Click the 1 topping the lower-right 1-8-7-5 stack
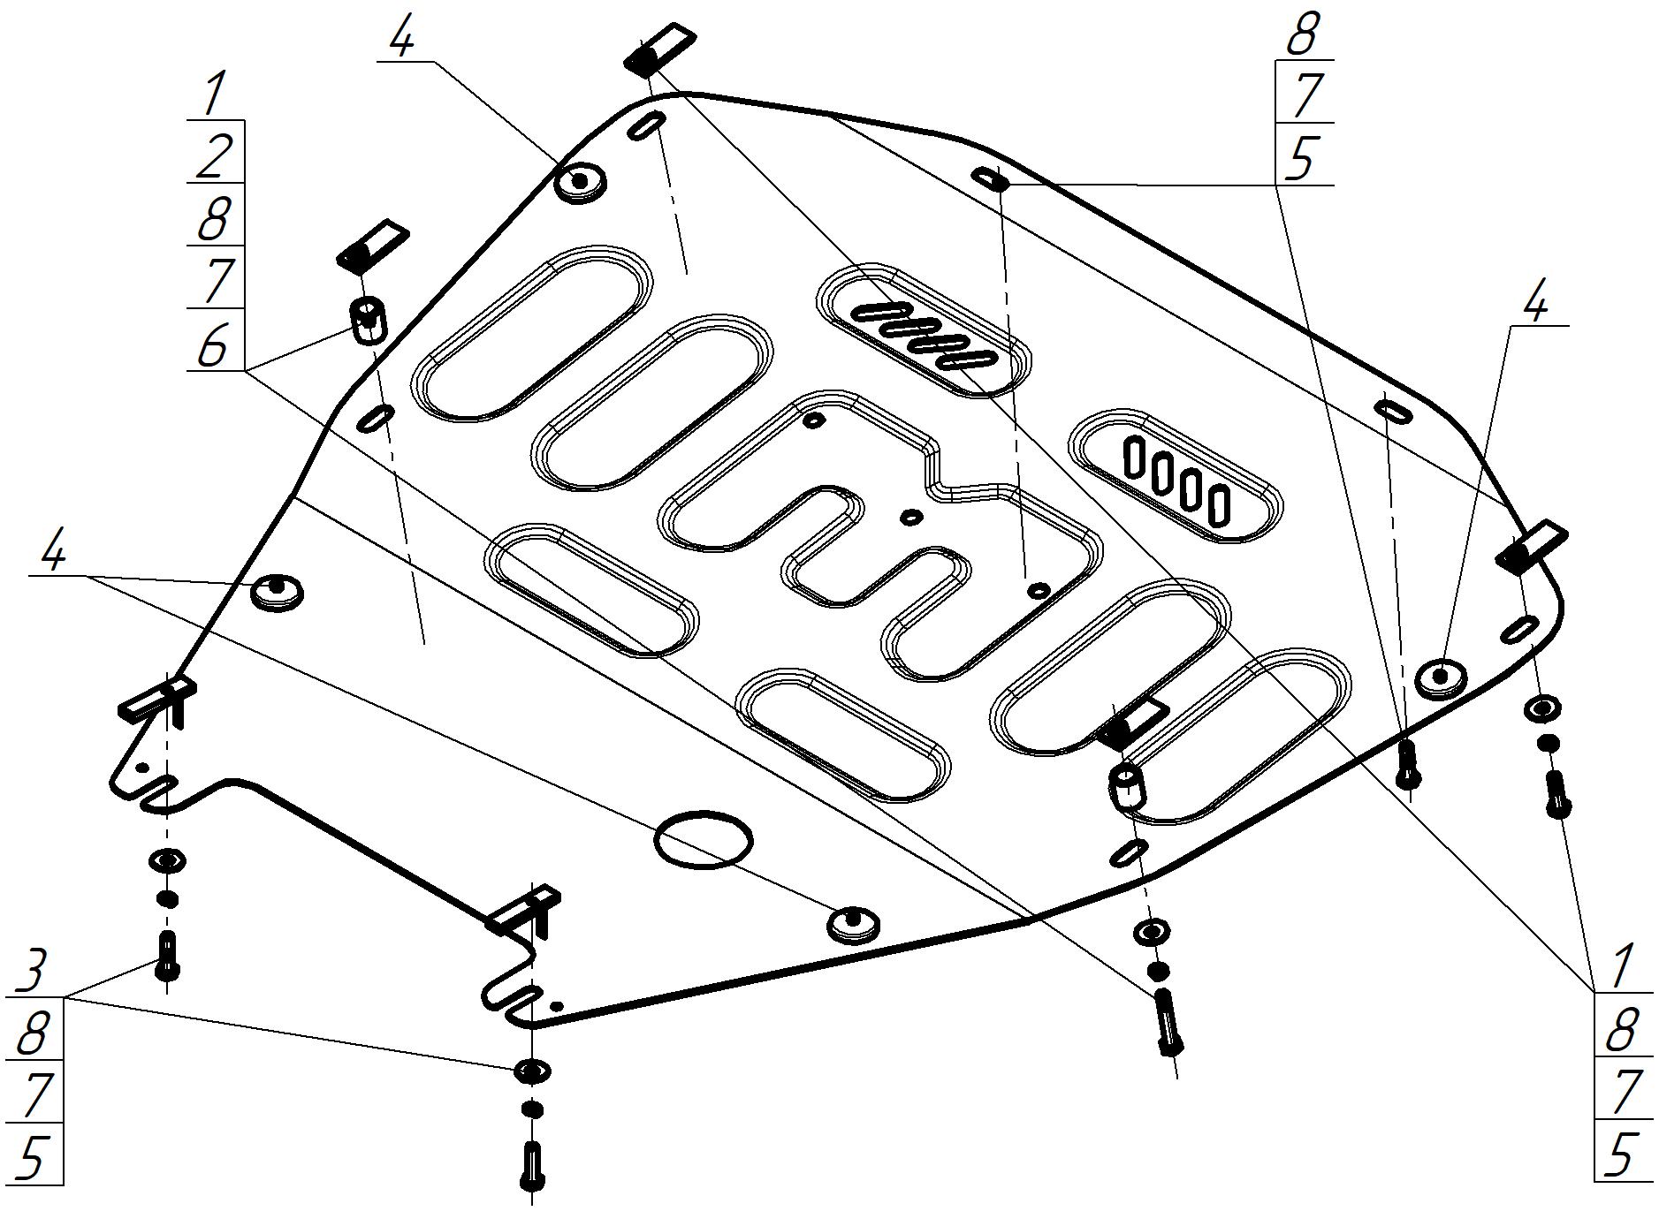[1620, 967]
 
